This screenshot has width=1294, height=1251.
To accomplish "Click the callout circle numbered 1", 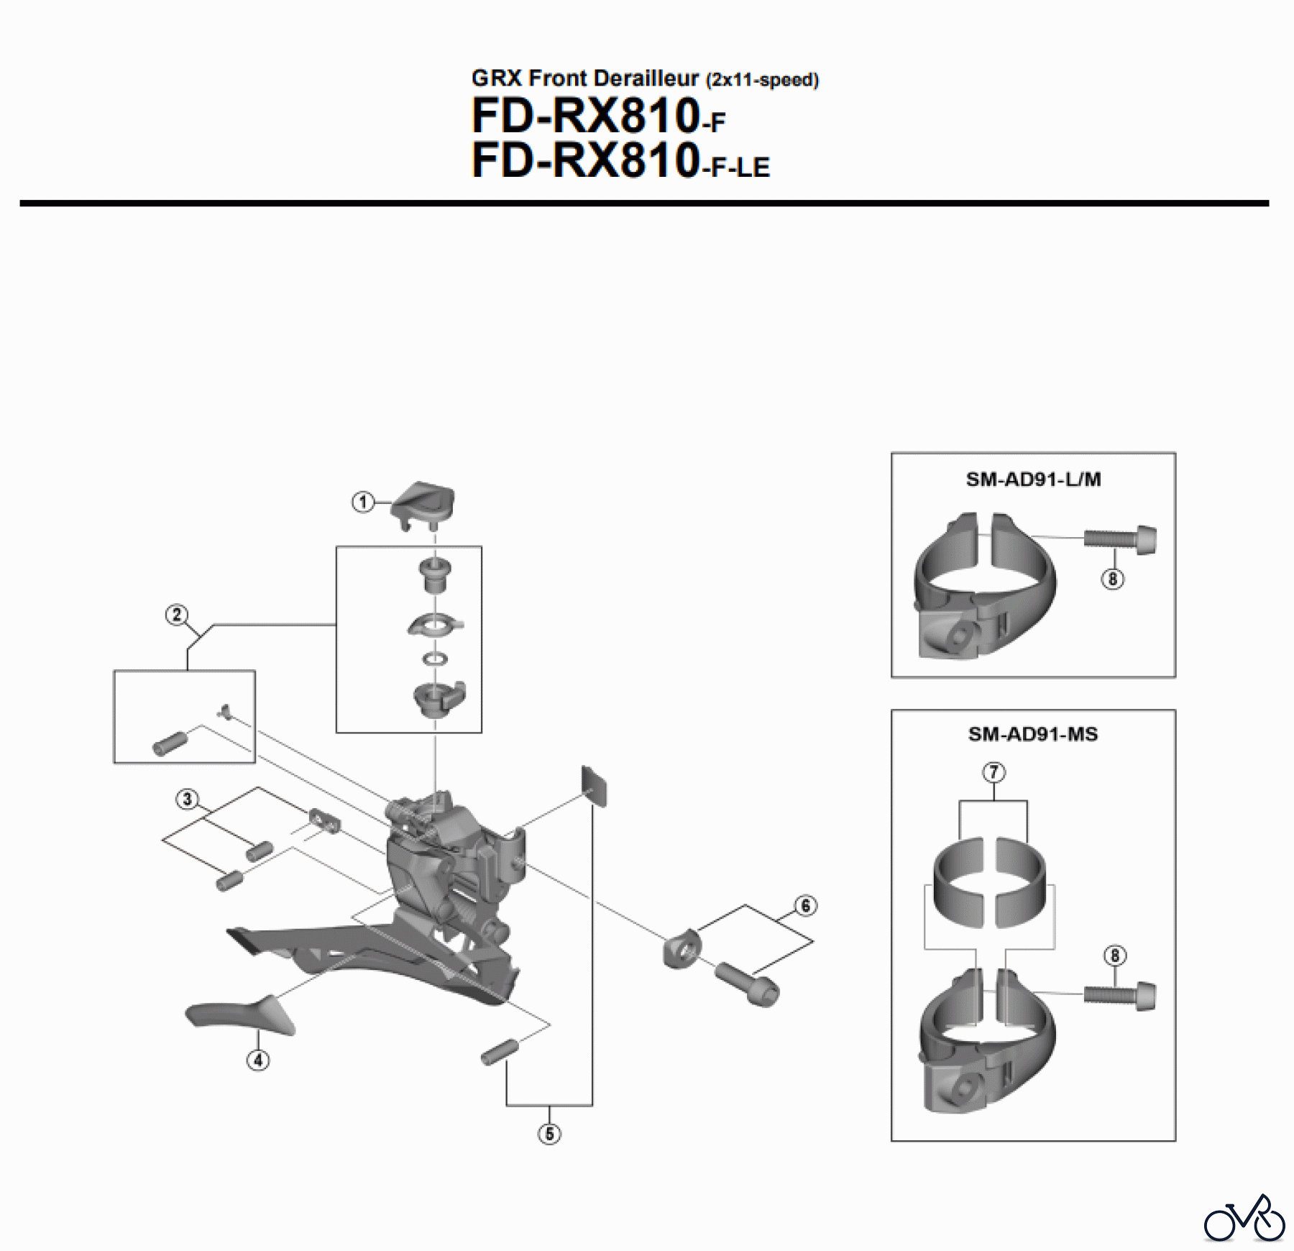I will [363, 502].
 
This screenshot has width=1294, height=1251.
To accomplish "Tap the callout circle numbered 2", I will [177, 615].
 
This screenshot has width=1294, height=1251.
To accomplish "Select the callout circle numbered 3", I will [188, 799].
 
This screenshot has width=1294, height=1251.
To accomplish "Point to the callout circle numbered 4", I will [258, 1059].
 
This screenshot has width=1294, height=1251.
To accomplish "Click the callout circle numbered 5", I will [549, 1134].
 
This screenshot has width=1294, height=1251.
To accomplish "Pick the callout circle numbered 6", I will [805, 906].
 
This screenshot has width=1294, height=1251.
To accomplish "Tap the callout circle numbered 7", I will [994, 772].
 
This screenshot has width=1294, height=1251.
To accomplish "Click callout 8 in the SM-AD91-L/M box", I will [1112, 579].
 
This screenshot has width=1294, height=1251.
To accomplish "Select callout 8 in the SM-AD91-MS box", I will [1114, 956].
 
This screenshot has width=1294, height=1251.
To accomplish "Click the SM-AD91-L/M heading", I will [1033, 480].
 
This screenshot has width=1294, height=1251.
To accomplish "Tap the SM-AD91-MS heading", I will [1033, 734].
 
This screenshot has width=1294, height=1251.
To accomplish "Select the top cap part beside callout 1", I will [424, 501].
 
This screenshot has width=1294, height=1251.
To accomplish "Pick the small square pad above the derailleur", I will [594, 785].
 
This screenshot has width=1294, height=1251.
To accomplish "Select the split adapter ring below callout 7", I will [994, 880].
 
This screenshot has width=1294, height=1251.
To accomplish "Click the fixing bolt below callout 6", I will [748, 983].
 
